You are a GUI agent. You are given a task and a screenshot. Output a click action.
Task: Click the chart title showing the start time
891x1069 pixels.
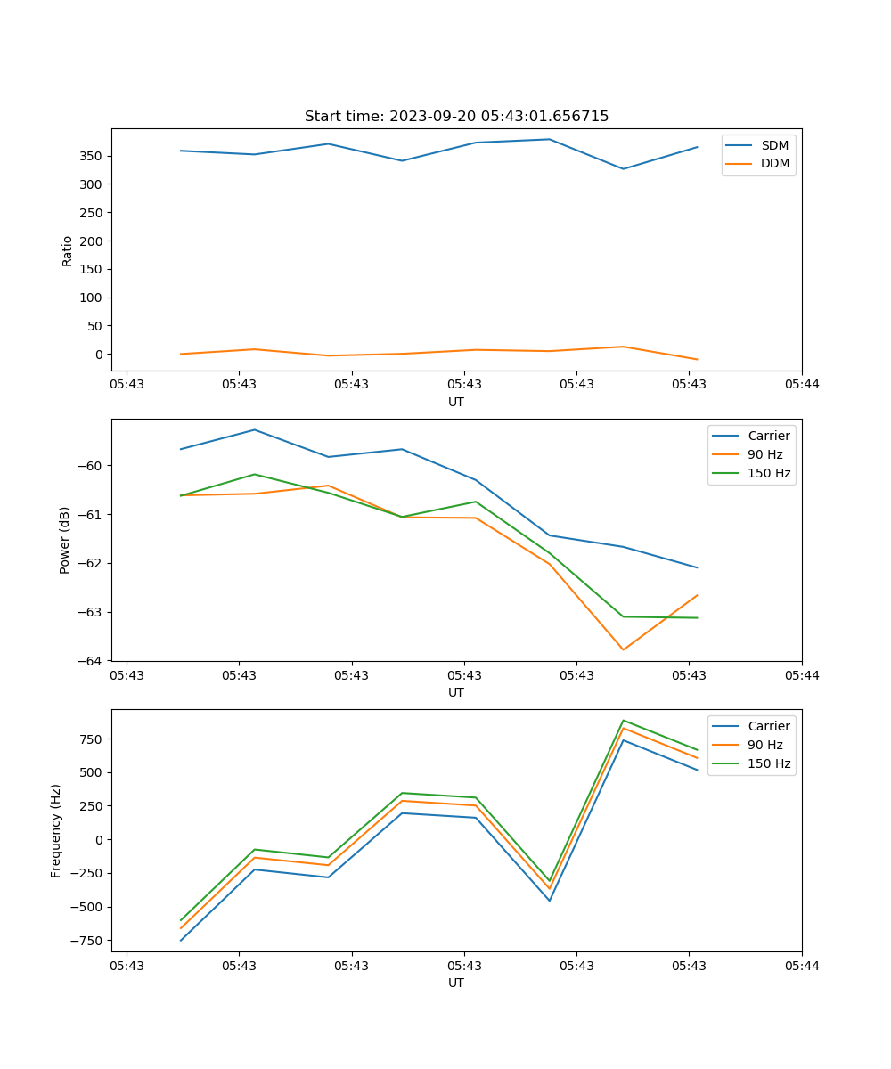(x=456, y=117)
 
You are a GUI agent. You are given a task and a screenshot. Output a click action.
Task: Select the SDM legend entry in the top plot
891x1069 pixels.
(x=774, y=145)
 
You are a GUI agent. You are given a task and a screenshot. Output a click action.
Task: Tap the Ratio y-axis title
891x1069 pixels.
(x=68, y=250)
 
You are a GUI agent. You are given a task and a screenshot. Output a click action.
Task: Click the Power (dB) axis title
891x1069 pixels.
(x=65, y=540)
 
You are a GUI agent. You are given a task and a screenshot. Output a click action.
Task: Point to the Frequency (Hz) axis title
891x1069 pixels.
(x=56, y=830)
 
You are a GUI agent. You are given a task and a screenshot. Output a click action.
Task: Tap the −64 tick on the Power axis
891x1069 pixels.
(x=92, y=661)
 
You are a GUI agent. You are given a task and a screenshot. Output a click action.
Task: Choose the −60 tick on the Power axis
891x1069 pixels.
(x=92, y=466)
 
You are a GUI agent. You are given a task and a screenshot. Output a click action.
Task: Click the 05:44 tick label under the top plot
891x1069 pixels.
(x=801, y=385)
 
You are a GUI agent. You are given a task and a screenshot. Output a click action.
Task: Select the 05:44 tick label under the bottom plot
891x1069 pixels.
(x=801, y=966)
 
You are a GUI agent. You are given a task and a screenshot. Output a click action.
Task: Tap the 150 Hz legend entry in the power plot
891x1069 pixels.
(x=769, y=473)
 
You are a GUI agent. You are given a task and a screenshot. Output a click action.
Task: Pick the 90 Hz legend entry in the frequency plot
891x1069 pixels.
(x=765, y=745)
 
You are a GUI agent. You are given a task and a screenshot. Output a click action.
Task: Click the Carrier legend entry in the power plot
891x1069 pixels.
(x=769, y=436)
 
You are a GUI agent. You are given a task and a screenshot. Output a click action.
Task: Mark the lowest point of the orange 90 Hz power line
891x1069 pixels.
(x=623, y=649)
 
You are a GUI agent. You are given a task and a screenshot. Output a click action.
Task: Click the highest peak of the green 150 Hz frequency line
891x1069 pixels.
(x=623, y=720)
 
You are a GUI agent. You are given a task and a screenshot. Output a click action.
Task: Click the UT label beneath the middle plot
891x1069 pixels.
(x=456, y=692)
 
